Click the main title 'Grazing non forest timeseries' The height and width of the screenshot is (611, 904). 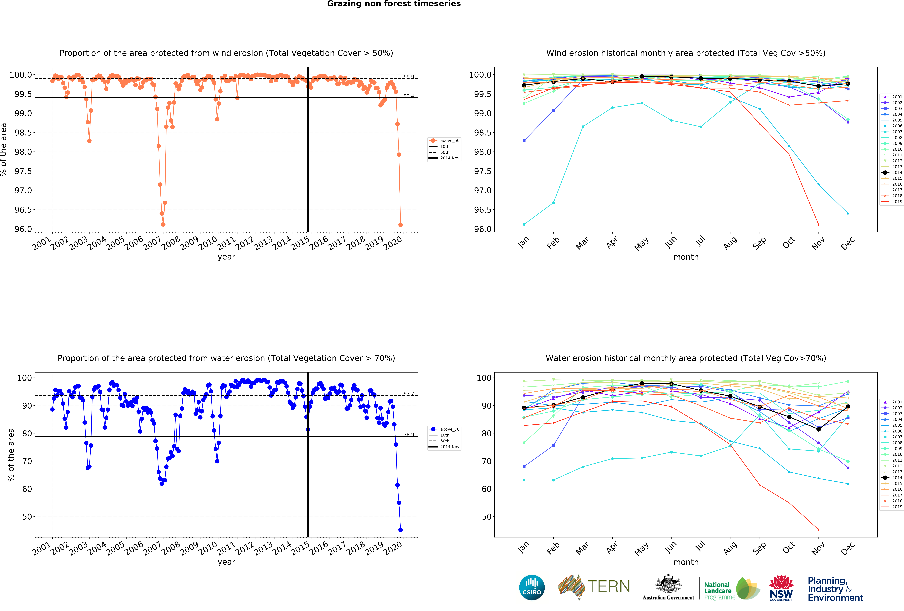[394, 4]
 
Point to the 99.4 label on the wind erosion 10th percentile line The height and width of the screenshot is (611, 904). [408, 96]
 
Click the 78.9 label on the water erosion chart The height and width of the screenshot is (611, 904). [408, 434]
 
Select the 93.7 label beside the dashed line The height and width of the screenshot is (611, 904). [408, 393]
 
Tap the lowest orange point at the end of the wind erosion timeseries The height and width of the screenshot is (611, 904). [400, 225]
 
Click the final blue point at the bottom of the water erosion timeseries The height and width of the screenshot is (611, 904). [400, 530]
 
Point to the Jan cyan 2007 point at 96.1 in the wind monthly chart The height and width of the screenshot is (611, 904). [524, 224]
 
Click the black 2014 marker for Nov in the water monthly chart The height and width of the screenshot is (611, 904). [818, 429]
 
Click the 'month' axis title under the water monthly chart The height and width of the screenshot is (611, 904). [686, 562]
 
